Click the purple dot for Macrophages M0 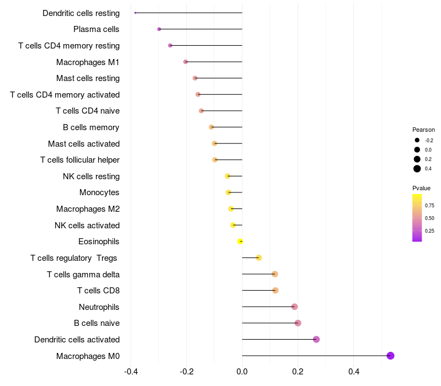[x=390, y=356]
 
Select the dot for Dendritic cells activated [x=316, y=339]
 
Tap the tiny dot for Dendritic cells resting [x=135, y=13]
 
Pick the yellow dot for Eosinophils [x=240, y=242]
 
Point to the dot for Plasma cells [x=159, y=29]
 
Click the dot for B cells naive [x=298, y=323]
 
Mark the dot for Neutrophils [x=294, y=307]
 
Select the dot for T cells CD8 [x=276, y=291]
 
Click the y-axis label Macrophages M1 [x=88, y=62]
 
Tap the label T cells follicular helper [x=80, y=160]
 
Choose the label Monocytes [x=99, y=192]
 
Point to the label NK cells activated [x=87, y=225]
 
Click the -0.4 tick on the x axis [x=131, y=372]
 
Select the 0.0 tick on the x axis [x=242, y=372]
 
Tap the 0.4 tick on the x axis [x=353, y=372]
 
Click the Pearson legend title [x=423, y=130]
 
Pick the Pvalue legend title [x=422, y=188]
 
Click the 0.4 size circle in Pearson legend [x=417, y=169]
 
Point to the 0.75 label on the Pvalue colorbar [x=429, y=206]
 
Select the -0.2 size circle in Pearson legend [x=417, y=140]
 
